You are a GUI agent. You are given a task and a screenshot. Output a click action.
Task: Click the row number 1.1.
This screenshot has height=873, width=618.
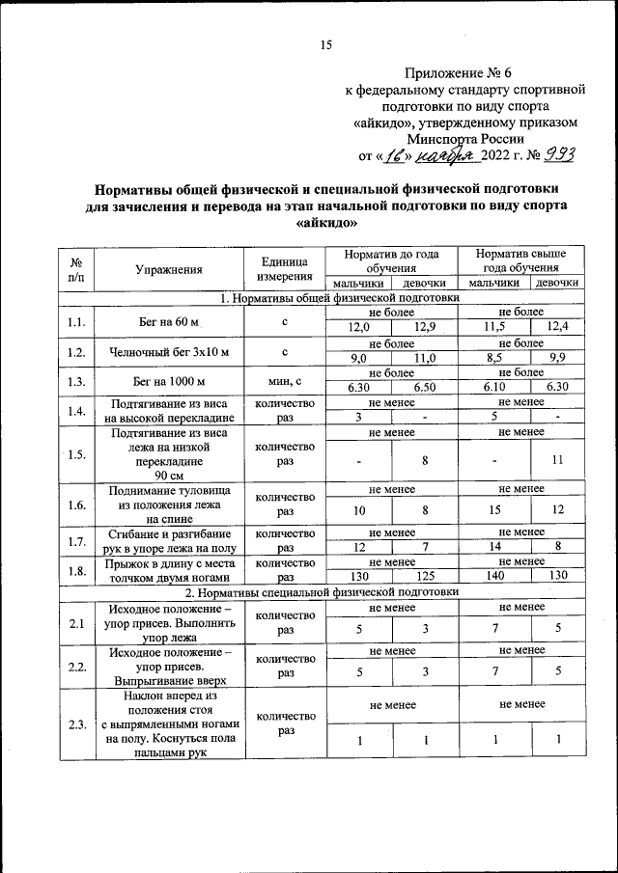(76, 320)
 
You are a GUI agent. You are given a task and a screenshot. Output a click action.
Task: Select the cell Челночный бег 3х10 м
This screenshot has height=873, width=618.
(169, 350)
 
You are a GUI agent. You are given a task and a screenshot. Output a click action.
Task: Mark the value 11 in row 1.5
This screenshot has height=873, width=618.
(557, 460)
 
